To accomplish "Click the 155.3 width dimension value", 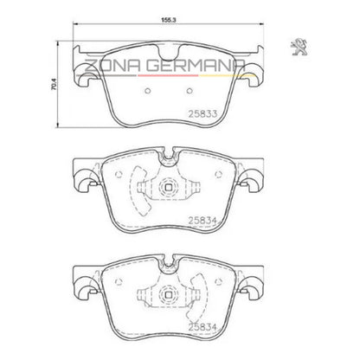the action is click(169, 20).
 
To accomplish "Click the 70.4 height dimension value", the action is click(55, 84).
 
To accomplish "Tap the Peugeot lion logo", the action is click(299, 47).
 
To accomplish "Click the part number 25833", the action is click(202, 113).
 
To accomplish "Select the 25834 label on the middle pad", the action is click(202, 221).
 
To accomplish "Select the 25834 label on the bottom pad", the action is click(202, 327).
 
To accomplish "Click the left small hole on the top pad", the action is click(147, 91).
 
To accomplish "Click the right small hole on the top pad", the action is click(190, 91).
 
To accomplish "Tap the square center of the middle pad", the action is click(169, 188).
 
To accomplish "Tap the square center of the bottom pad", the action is click(169, 294).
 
